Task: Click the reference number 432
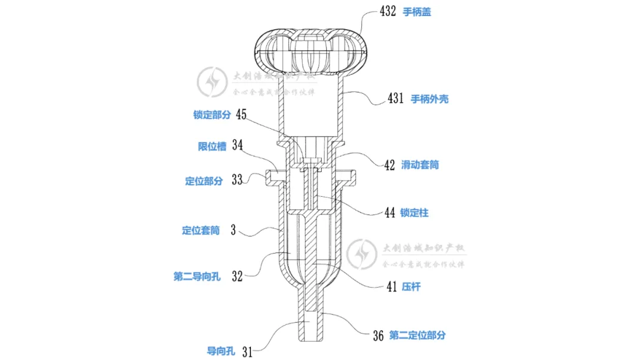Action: (388, 11)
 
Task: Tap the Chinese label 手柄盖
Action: (417, 12)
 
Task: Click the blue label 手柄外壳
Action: (430, 99)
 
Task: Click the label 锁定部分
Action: (212, 115)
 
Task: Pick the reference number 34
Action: (238, 146)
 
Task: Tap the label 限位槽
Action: (212, 146)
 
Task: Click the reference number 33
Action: (237, 181)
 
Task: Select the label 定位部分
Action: (204, 181)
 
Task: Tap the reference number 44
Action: (390, 212)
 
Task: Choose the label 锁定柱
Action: (414, 212)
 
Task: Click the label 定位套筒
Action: (200, 230)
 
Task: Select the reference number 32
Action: (237, 276)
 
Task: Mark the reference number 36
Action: (378, 336)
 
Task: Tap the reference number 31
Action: (247, 352)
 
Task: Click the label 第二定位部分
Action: (417, 336)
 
